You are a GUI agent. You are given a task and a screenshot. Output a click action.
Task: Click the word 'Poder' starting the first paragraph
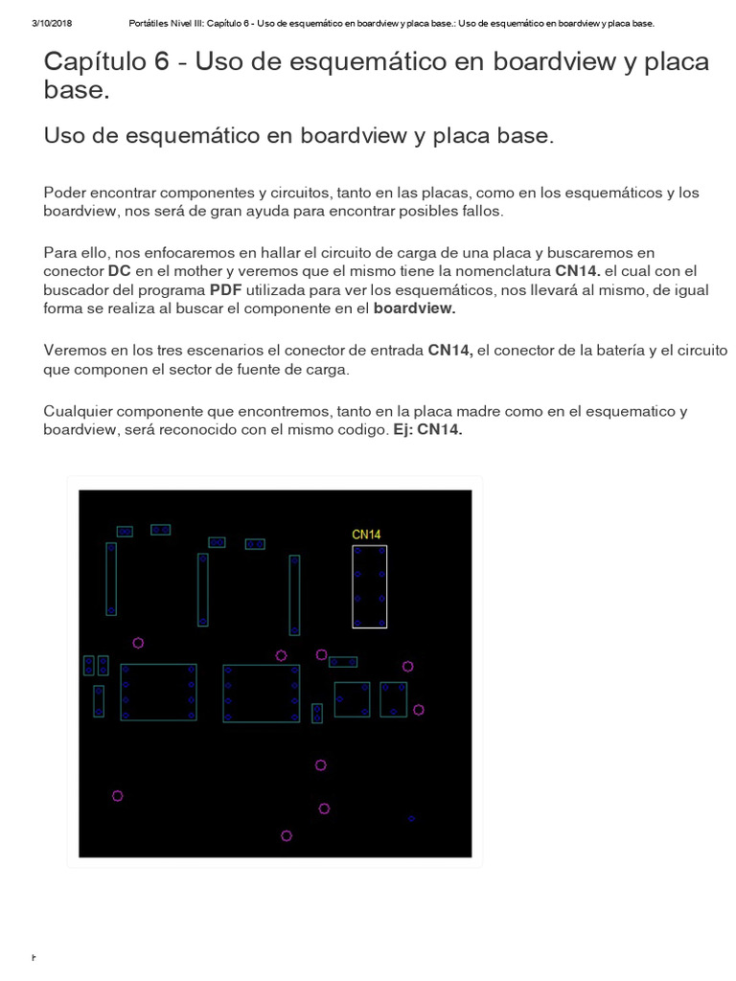coord(64,193)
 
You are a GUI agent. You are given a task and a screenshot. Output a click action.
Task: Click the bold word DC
coord(119,271)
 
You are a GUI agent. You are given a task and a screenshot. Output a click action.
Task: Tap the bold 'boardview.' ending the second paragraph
coord(414,308)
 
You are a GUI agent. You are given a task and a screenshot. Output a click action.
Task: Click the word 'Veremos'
coord(76,351)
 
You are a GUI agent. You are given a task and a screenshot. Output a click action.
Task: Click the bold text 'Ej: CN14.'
coord(427,430)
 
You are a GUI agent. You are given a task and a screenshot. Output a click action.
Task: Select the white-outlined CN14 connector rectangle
coord(369,586)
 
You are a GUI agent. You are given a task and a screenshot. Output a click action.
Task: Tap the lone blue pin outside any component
coord(411,818)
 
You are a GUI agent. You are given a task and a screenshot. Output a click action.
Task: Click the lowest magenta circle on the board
coord(286,835)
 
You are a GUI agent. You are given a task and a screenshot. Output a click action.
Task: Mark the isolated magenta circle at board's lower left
coord(117,795)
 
